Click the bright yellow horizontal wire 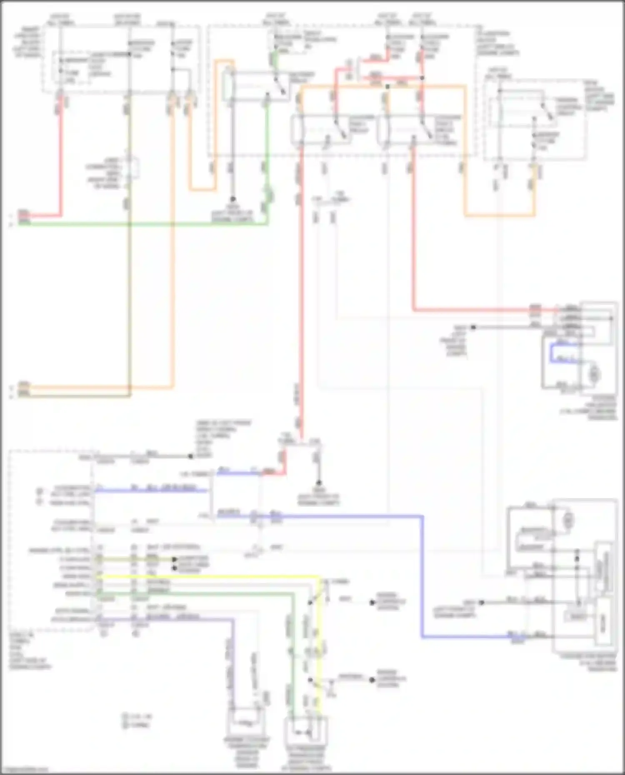pyautogui.click(x=208, y=577)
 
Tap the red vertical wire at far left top pyautogui.click(x=61, y=158)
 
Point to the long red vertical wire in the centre pyautogui.click(x=300, y=292)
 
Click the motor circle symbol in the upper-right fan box pyautogui.click(x=593, y=374)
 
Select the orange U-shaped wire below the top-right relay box pyautogui.click(x=500, y=215)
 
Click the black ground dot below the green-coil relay pyautogui.click(x=233, y=199)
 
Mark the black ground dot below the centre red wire pyautogui.click(x=319, y=483)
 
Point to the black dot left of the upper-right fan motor pyautogui.click(x=473, y=327)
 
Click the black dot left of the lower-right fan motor pyautogui.click(x=481, y=602)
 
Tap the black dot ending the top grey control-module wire pyautogui.click(x=190, y=456)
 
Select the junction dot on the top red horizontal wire pyautogui.click(x=422, y=78)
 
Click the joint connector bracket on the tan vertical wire pyautogui.click(x=134, y=167)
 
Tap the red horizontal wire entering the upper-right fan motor pyautogui.click(x=479, y=310)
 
